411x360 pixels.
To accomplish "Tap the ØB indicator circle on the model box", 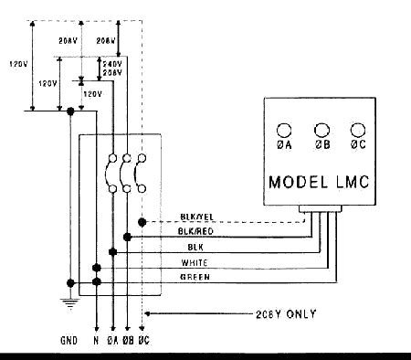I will [321, 130].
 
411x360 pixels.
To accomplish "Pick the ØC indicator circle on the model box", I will [357, 130].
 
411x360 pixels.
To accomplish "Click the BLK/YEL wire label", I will [196, 217].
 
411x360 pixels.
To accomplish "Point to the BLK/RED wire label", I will [197, 232].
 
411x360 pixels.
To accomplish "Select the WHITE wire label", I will [195, 262].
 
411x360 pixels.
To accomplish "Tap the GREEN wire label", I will [195, 276].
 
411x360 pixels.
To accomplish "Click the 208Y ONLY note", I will [286, 313].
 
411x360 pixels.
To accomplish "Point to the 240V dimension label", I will [100, 64].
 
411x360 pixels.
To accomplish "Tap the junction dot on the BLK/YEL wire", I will [142, 222].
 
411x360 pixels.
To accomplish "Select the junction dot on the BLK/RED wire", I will [127, 237].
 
